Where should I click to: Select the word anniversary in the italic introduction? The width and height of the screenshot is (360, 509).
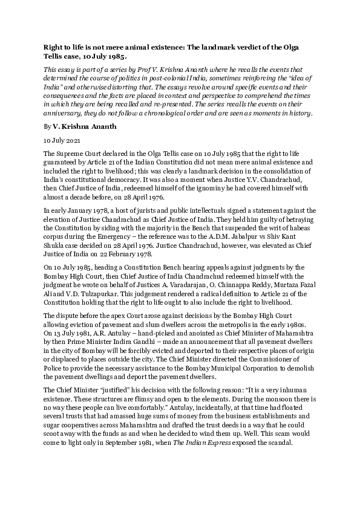tap(67, 129)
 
